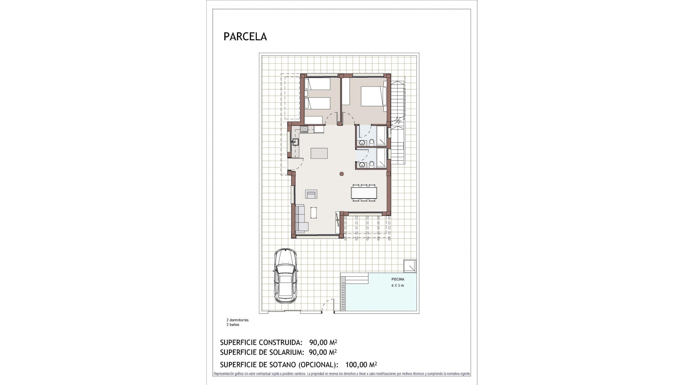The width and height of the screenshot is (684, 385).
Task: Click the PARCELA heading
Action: pyautogui.click(x=245, y=37)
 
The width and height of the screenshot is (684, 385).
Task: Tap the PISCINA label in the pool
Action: pyautogui.click(x=398, y=279)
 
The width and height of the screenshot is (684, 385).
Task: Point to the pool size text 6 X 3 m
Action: pyautogui.click(x=398, y=286)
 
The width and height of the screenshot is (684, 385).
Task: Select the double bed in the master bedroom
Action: pyautogui.click(x=373, y=97)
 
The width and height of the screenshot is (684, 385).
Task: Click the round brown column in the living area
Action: pyautogui.click(x=342, y=174)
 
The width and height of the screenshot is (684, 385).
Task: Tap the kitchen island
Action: pyautogui.click(x=319, y=153)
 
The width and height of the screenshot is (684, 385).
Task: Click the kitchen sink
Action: pyautogui.click(x=295, y=142)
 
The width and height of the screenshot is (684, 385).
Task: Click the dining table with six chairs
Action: pyautogui.click(x=363, y=193)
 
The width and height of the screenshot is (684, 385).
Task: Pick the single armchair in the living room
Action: pyautogui.click(x=311, y=194)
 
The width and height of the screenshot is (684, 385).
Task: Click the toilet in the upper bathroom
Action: pyautogui.click(x=372, y=143)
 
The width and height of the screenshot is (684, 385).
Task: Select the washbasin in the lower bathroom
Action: pyautogui.click(x=362, y=164)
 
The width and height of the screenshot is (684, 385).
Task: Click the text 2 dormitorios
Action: pyautogui.click(x=238, y=320)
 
